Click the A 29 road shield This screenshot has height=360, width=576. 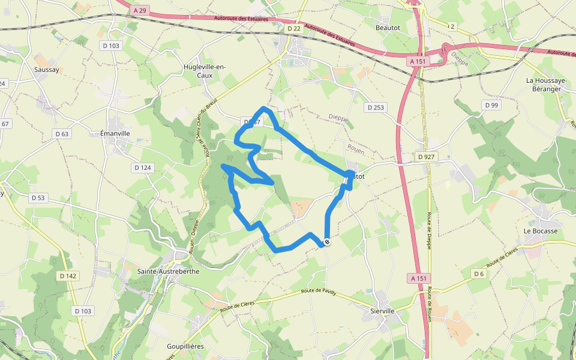pos(140,10)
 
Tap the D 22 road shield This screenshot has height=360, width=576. pos(294,28)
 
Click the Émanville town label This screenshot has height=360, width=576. pos(115,133)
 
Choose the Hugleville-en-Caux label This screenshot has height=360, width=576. pos(205,71)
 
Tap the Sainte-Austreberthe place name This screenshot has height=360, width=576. pos(168,271)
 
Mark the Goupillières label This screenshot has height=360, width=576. pos(185,347)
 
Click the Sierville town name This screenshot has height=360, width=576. pos(382,311)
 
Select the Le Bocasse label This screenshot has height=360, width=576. pos(541,231)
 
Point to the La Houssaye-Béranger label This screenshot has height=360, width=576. pos(543,85)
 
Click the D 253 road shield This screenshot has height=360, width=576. pos(376,107)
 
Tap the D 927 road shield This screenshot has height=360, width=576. pos(427,157)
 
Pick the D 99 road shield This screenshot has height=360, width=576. pos(491,105)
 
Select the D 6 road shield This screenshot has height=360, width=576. pos(478,274)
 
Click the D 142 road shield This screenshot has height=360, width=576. pos(68,275)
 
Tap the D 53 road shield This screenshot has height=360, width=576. pos(38,197)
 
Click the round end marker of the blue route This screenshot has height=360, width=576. pos(327,242)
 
